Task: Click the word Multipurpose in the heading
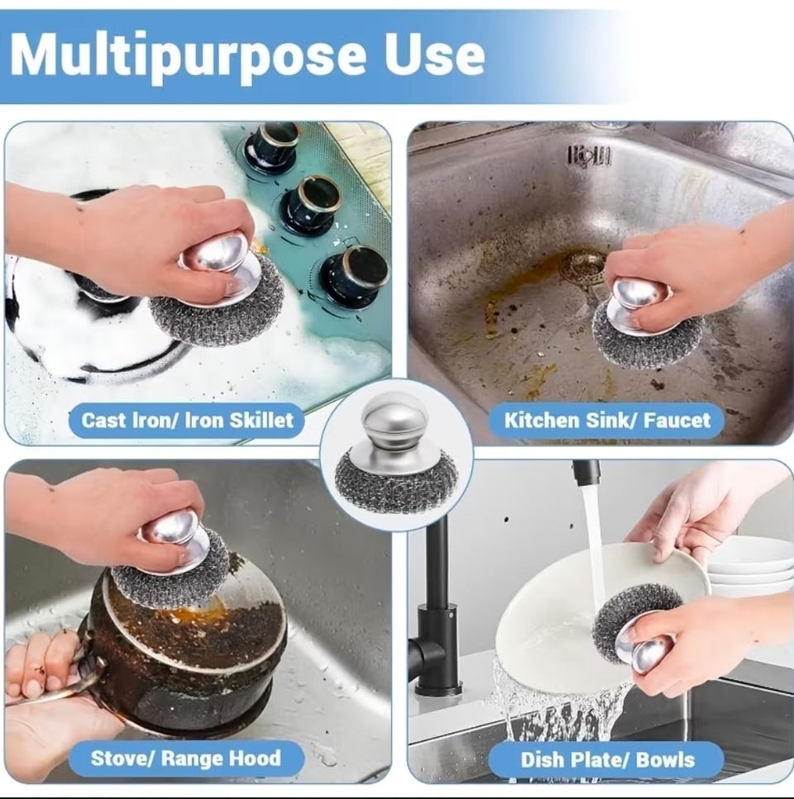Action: (x=187, y=55)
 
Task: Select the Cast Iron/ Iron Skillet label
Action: (x=187, y=421)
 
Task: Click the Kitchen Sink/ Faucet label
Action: (x=607, y=421)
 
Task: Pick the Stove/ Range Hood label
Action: (x=186, y=759)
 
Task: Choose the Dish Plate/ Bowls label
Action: (x=607, y=760)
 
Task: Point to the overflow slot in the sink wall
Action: (x=589, y=155)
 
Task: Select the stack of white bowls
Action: (x=749, y=567)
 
